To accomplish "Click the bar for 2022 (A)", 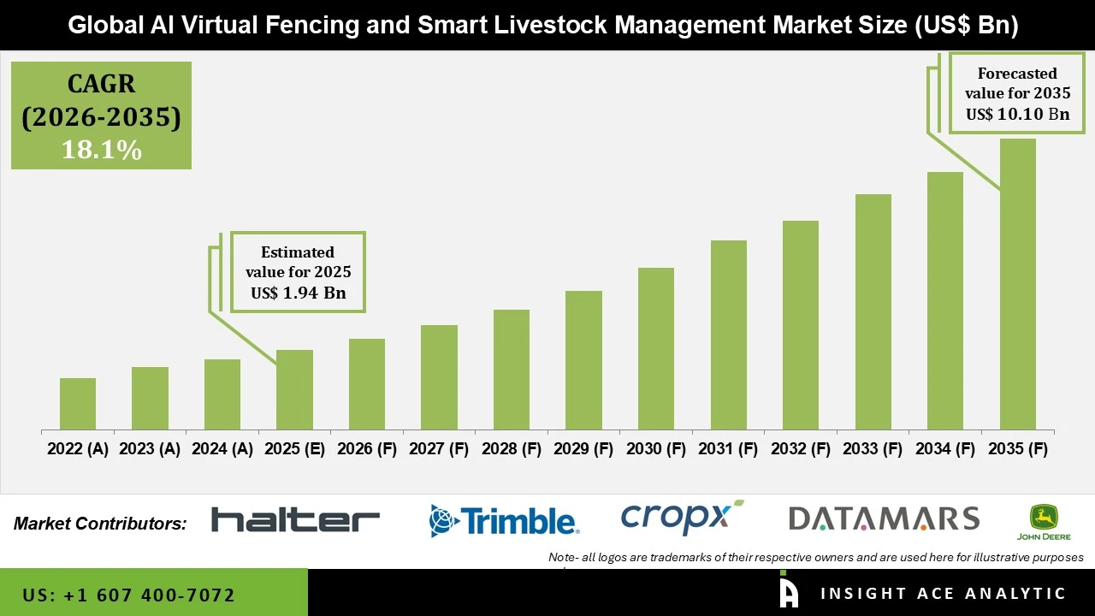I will click(78, 404).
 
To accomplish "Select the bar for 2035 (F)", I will click(1017, 284).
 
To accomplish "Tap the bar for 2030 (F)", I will click(656, 349).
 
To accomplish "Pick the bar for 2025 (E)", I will click(294, 390).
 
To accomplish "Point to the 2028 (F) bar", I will click(512, 370).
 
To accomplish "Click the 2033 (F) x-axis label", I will click(873, 449).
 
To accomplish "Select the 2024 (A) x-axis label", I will click(222, 449).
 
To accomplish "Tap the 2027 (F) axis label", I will click(439, 449).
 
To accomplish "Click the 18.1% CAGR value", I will click(101, 150).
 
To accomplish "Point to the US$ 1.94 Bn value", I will click(298, 293).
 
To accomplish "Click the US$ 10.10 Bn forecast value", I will click(1017, 114).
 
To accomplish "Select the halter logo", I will click(295, 519).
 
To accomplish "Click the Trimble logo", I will click(504, 520).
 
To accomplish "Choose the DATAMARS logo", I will click(883, 518).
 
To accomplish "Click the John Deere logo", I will click(1043, 522).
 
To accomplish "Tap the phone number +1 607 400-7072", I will click(128, 595).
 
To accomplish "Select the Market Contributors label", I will click(100, 524).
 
